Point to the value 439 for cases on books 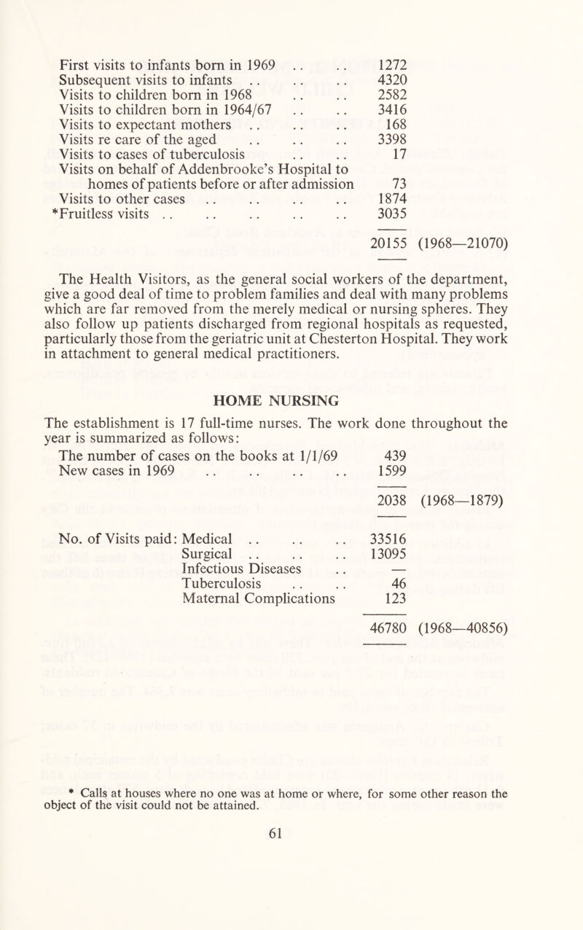[x=394, y=455]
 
